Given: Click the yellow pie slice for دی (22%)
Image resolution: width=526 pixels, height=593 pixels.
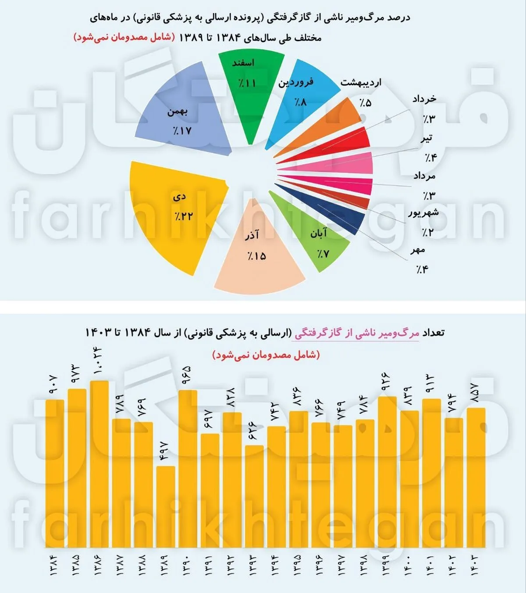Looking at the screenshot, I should click(175, 215).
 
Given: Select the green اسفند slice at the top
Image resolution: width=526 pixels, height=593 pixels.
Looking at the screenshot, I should click(250, 88).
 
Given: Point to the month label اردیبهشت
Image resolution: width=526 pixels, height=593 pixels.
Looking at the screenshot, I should click(361, 83).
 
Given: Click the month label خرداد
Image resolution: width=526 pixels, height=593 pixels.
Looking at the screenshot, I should click(424, 99).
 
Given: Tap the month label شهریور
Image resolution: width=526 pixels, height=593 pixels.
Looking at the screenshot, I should click(423, 213).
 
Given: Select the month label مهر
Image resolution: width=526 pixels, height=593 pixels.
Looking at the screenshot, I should click(417, 250).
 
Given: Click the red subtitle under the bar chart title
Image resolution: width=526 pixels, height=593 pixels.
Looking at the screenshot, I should click(266, 355).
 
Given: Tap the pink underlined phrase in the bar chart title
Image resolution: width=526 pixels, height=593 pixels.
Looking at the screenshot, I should click(357, 333).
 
